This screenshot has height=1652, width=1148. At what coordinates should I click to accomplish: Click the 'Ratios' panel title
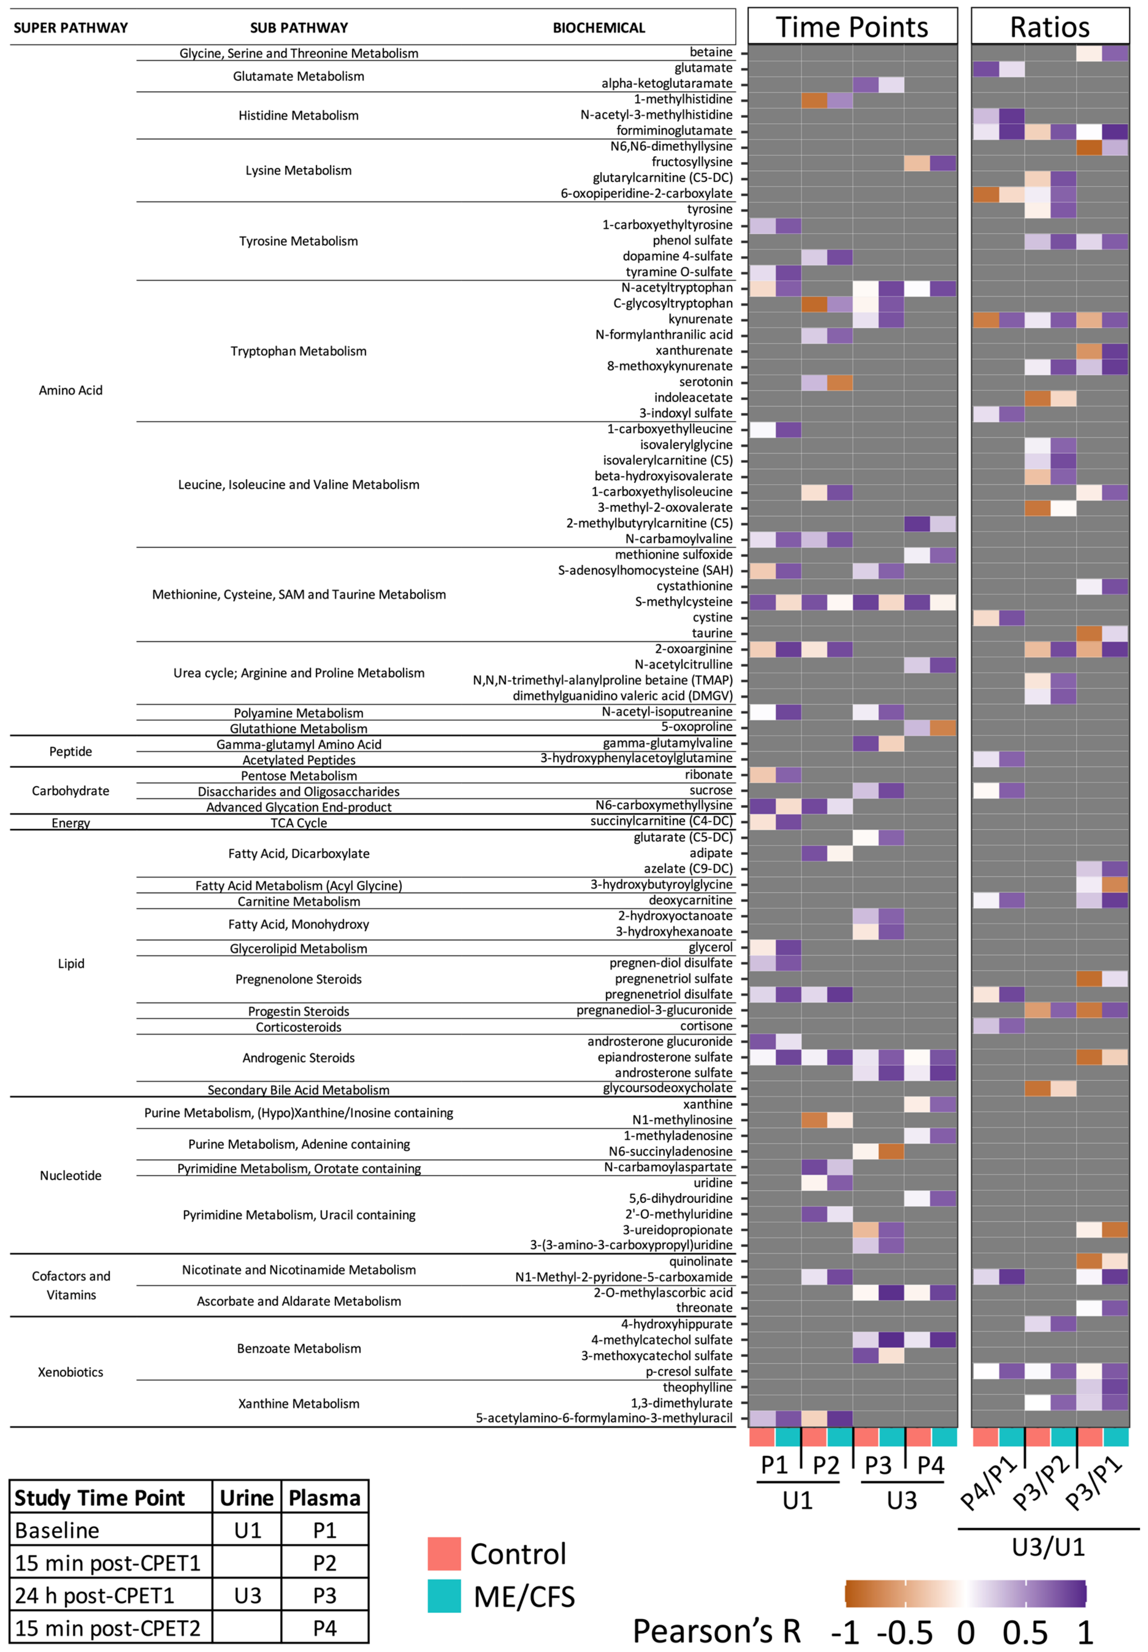1050,27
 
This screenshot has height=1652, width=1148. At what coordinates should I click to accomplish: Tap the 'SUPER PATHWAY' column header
71,28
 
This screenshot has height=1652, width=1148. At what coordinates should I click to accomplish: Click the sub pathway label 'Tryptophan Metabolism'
299,351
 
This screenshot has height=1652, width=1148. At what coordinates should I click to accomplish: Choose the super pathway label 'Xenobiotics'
71,1371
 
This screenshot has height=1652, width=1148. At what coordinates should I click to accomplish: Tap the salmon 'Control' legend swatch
444,1554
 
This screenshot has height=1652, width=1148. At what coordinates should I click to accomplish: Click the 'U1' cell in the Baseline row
247,1530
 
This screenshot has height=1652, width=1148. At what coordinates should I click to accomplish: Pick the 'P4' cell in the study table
324,1627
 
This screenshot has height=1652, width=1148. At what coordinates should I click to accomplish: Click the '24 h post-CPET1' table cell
94,1595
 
